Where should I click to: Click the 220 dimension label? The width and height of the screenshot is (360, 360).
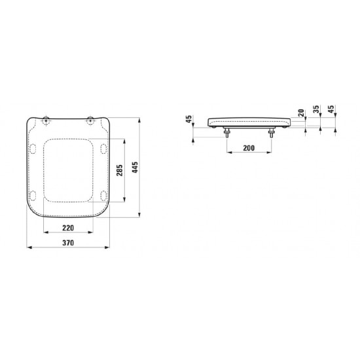(68, 228)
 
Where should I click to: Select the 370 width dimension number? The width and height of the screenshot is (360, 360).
(68, 243)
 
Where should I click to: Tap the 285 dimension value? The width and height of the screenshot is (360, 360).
(119, 170)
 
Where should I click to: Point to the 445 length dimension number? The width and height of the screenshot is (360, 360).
(135, 168)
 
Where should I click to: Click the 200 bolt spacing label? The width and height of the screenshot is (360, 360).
(249, 148)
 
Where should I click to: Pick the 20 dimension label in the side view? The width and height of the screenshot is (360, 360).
(301, 113)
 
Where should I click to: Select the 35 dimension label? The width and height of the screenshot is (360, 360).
(316, 109)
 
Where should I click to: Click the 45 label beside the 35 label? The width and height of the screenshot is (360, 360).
(331, 109)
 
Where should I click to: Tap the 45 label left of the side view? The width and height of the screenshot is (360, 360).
(189, 119)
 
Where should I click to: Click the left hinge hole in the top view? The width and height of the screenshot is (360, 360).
(46, 120)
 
